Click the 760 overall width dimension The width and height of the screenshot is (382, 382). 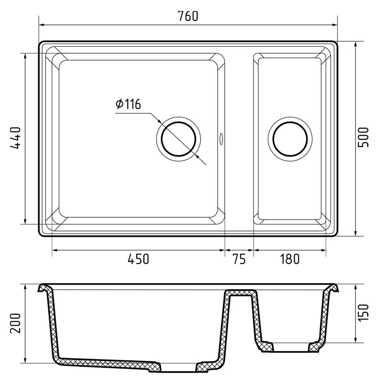pyautogui.click(x=188, y=16)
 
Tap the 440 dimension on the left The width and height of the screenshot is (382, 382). pyautogui.click(x=16, y=138)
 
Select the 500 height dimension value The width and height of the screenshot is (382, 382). pyautogui.click(x=363, y=138)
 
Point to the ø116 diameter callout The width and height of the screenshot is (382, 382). pyautogui.click(x=128, y=104)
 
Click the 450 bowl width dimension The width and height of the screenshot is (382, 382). pyautogui.click(x=138, y=259)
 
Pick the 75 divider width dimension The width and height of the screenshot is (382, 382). pyautogui.click(x=239, y=259)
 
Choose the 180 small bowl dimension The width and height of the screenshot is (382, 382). pyautogui.click(x=289, y=259)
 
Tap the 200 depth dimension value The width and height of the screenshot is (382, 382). pyautogui.click(x=16, y=323)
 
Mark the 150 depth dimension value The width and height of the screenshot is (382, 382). pyautogui.click(x=363, y=313)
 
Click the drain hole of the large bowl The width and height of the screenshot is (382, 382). pyautogui.click(x=179, y=139)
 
